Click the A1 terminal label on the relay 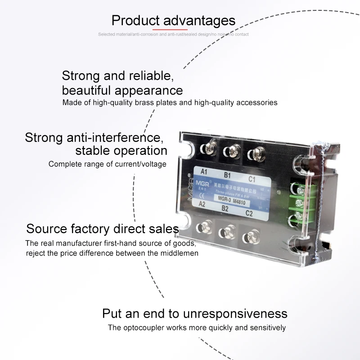coord(203,171)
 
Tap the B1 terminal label coord(227,175)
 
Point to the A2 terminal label coord(203,203)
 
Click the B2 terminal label coord(225,208)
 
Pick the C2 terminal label coord(248,213)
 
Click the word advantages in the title coord(199,20)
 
